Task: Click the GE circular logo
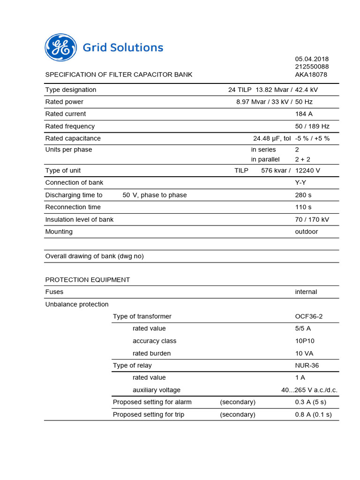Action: (x=60, y=48)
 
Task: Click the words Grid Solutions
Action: (x=123, y=48)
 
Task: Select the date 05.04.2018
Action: (x=312, y=59)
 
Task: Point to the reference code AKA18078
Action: (x=311, y=75)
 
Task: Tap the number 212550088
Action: (x=312, y=67)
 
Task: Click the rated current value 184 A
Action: (x=304, y=114)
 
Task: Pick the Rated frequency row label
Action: (x=70, y=126)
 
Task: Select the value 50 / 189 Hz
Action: (x=312, y=126)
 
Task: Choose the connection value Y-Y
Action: (x=300, y=182)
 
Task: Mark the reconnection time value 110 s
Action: (x=303, y=207)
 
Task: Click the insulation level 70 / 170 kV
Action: (x=312, y=219)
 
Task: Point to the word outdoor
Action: (x=307, y=232)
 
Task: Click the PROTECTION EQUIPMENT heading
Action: (x=88, y=280)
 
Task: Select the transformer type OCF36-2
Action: (x=309, y=316)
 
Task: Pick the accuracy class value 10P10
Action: (x=305, y=341)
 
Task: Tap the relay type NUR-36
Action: (x=307, y=365)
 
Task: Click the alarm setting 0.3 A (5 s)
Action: (x=310, y=402)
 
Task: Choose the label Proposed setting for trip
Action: (x=149, y=414)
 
